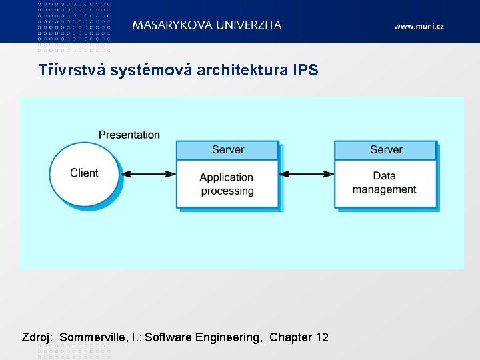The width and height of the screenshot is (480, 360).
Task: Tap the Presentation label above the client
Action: click(129, 135)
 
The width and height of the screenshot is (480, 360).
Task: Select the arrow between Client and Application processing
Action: click(149, 174)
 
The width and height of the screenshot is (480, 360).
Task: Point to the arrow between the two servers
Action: click(306, 174)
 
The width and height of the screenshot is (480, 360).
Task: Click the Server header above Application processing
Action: click(227, 150)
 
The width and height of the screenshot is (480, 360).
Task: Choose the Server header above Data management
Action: click(386, 150)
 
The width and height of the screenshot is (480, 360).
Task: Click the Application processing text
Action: click(227, 184)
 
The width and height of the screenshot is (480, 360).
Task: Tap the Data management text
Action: click(385, 183)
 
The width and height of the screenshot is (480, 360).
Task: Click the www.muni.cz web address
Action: click(419, 27)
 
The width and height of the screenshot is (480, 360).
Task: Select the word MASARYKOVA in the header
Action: click(172, 25)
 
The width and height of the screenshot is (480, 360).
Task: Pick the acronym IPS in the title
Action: click(305, 70)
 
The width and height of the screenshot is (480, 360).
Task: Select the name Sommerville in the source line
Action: click(91, 337)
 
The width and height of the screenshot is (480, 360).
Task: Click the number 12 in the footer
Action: click(321, 337)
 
